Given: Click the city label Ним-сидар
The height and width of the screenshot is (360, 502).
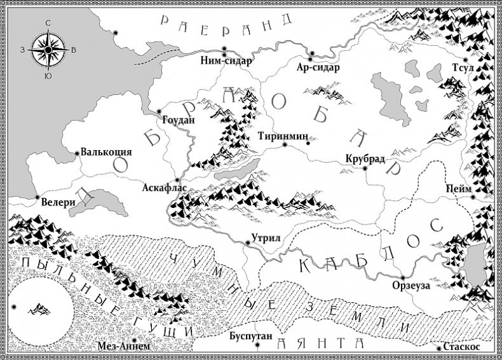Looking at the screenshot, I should (x=226, y=62).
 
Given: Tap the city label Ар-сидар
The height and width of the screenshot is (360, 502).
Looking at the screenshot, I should (x=318, y=67).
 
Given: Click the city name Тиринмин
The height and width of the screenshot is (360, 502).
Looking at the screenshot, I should (x=283, y=136).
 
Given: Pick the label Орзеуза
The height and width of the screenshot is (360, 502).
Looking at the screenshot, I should (x=411, y=286).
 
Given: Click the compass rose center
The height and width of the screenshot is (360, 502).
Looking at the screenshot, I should (x=48, y=48).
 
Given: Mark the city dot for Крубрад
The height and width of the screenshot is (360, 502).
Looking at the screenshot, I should (x=365, y=169).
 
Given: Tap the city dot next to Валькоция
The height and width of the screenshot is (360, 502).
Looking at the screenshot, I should (x=76, y=153).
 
